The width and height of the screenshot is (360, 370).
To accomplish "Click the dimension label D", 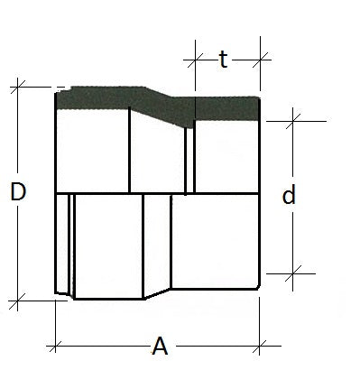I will click(18, 191).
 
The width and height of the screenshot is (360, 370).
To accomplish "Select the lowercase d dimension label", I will click(289, 195).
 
